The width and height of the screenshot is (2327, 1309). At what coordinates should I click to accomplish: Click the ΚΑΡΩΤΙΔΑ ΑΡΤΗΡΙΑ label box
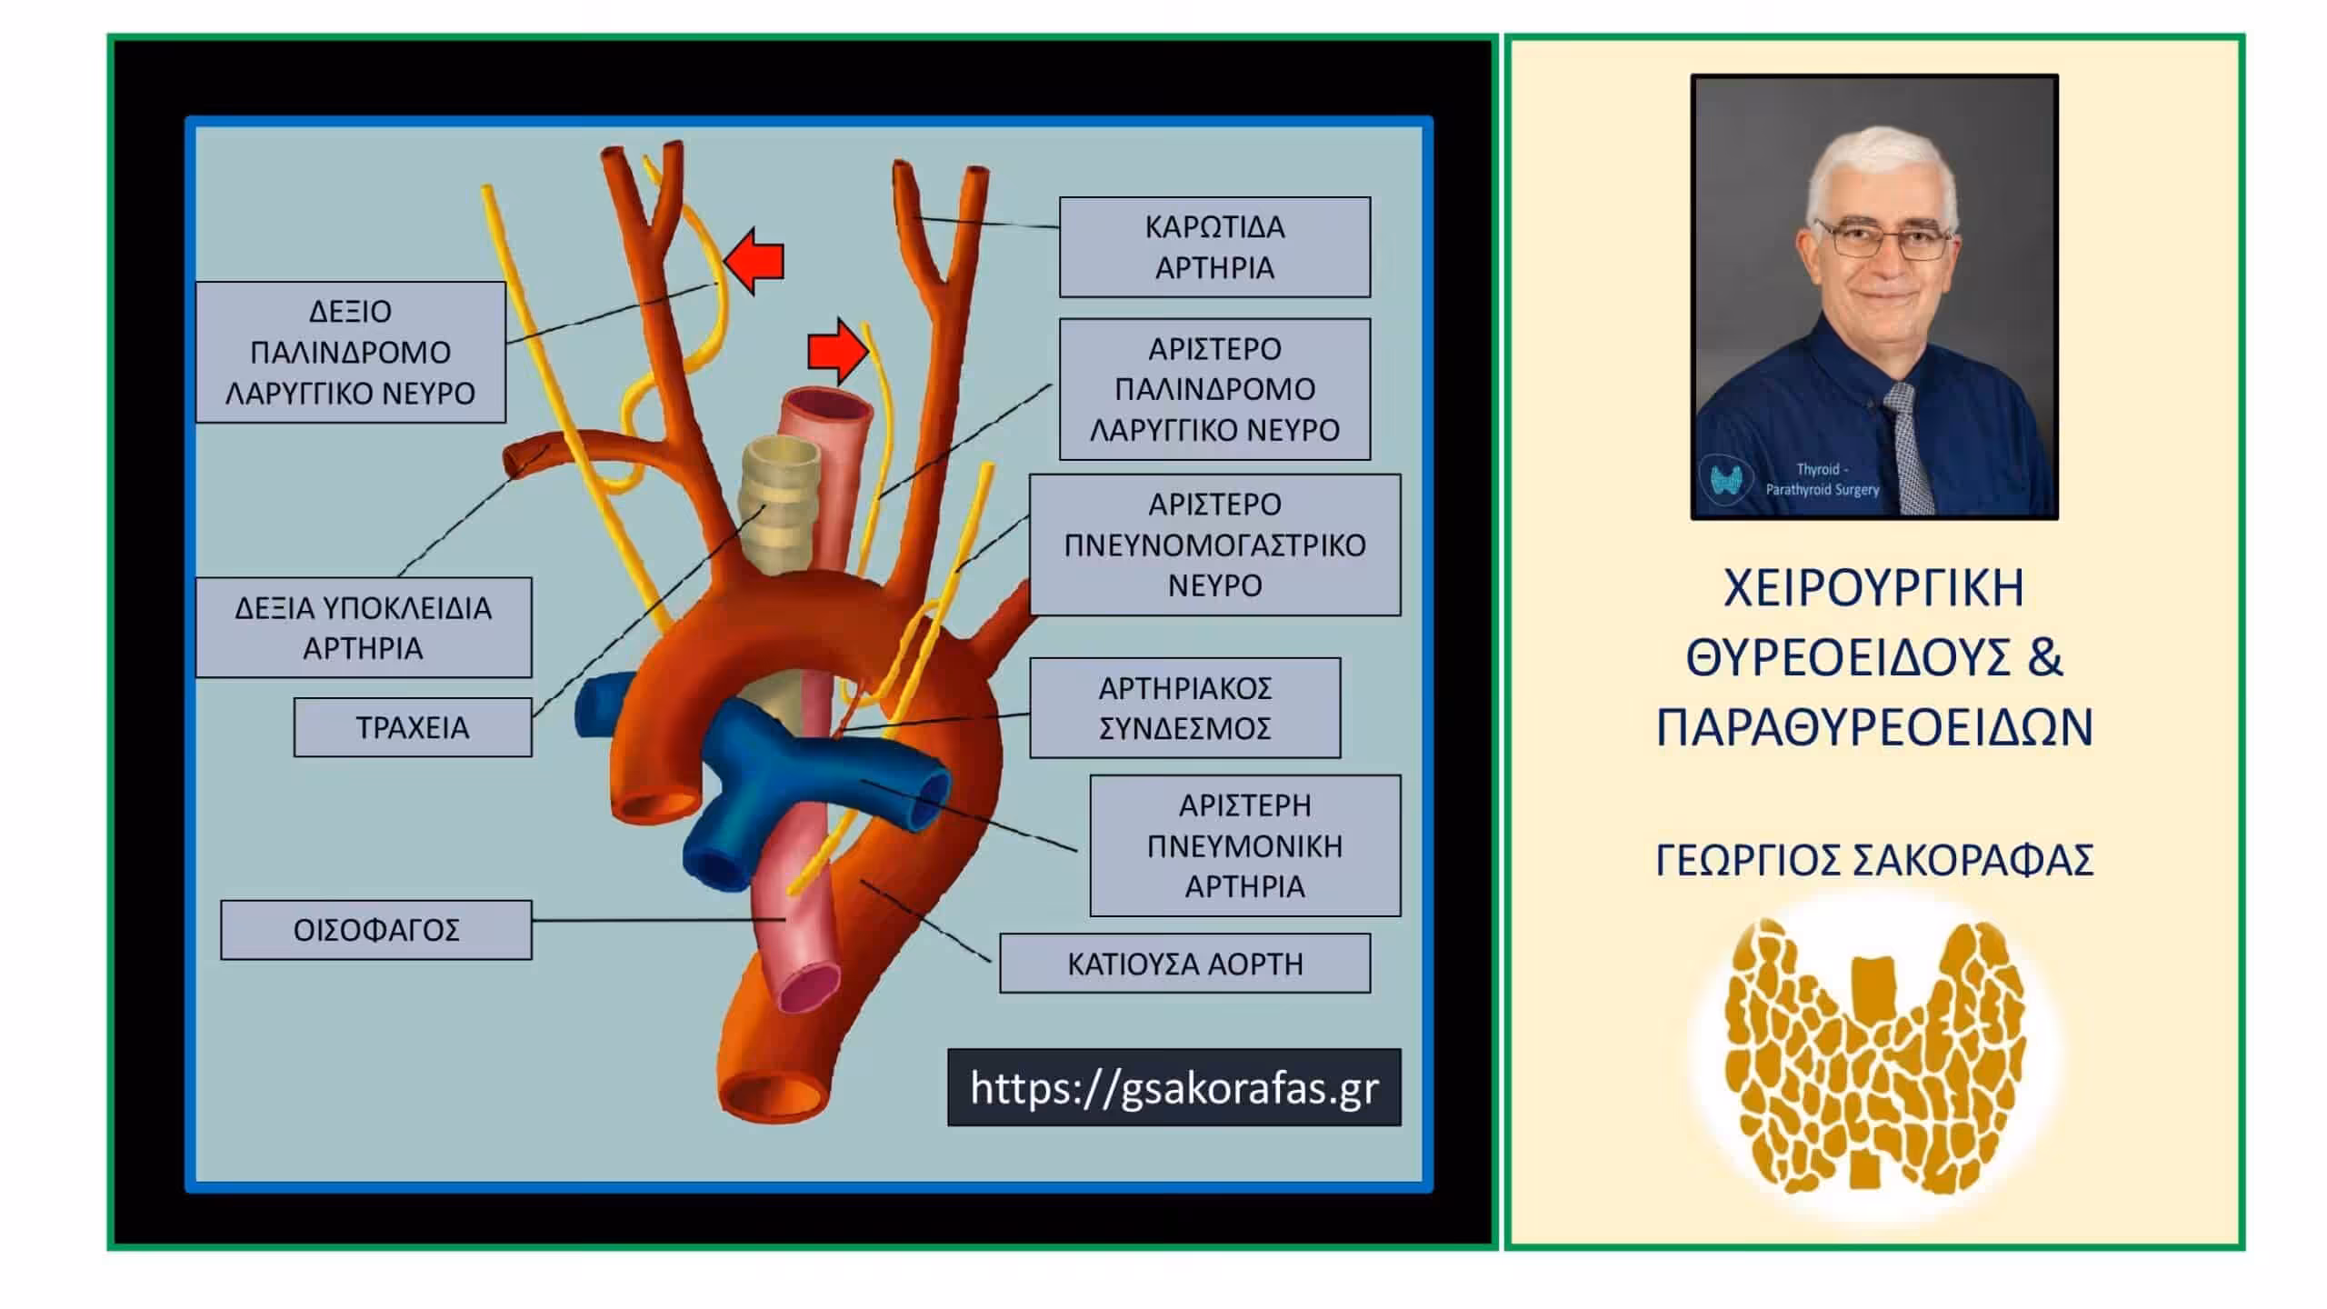(1214, 247)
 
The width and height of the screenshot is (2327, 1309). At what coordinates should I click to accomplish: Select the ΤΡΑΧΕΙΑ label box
(413, 727)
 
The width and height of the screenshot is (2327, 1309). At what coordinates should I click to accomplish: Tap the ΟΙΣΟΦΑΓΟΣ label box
(376, 930)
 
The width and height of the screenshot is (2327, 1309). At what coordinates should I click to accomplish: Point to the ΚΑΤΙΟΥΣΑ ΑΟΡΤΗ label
(1184, 964)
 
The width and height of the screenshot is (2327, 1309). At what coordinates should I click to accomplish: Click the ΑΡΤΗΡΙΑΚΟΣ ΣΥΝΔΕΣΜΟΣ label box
(1184, 708)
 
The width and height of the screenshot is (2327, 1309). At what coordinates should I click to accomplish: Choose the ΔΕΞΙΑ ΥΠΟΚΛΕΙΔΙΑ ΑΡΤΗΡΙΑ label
(364, 627)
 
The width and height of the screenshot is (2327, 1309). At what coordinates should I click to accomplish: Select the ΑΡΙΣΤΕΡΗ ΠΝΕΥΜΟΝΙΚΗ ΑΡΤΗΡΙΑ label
(1245, 845)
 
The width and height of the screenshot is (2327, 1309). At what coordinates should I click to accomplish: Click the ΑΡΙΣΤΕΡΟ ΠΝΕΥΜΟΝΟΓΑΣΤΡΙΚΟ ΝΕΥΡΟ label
(1214, 545)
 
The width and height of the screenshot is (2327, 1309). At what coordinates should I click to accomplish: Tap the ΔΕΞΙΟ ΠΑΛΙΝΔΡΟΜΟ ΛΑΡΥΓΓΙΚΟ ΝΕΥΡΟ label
(351, 352)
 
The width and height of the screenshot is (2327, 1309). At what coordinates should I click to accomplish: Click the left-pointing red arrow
(754, 262)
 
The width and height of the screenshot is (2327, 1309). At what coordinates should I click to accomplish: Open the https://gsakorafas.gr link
(1174, 1088)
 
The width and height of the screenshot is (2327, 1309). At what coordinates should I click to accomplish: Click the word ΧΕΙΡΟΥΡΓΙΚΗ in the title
(1874, 588)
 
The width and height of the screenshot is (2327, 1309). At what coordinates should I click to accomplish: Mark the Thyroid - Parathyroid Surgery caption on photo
(1822, 479)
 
